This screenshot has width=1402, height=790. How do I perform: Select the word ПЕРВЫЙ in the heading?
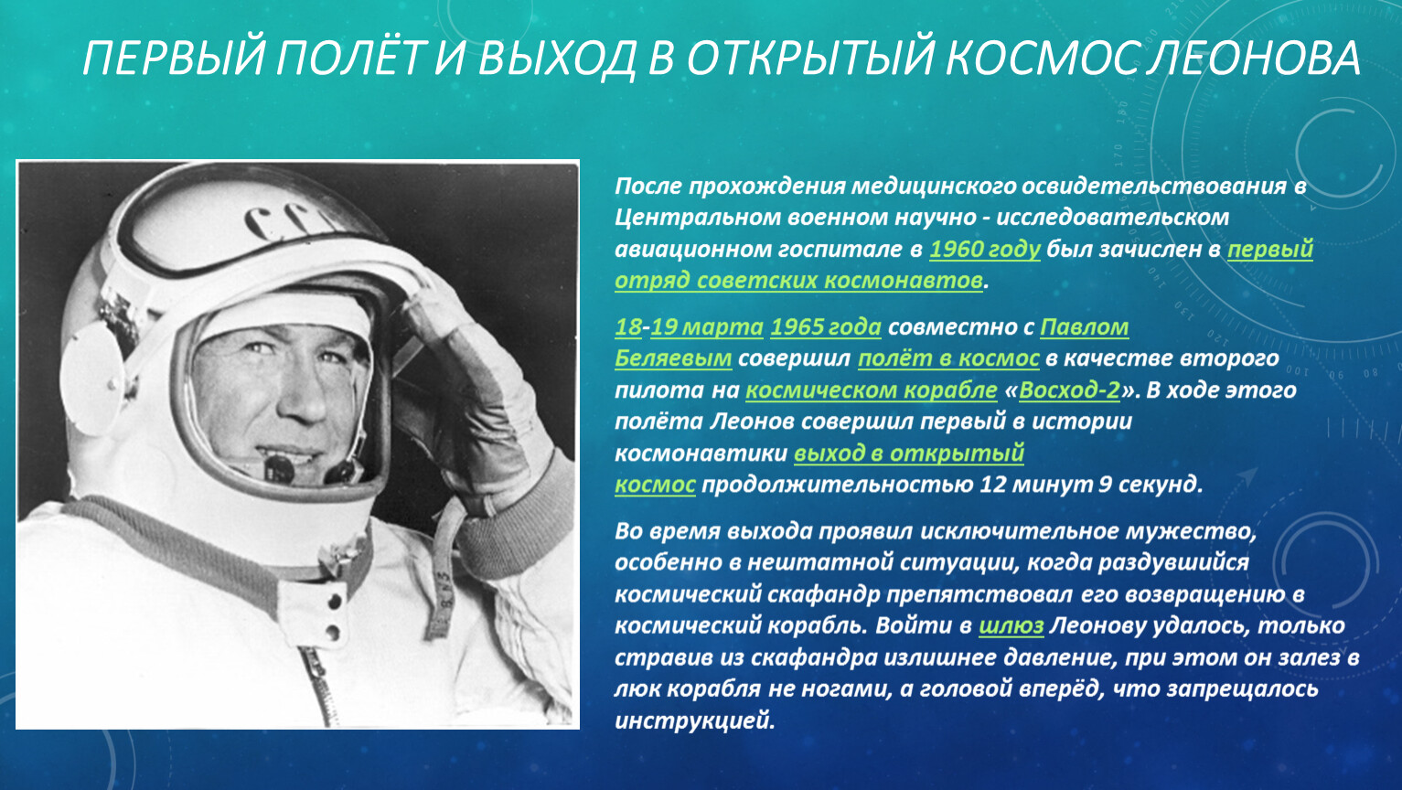(175, 58)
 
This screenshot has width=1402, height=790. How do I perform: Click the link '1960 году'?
(985, 249)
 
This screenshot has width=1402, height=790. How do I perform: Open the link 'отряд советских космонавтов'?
(798, 281)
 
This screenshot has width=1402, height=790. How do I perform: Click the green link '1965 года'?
(826, 326)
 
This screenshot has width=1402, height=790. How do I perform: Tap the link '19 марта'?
(707, 326)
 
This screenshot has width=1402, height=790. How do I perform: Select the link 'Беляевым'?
(673, 358)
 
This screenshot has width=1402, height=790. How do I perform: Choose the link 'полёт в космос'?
(948, 358)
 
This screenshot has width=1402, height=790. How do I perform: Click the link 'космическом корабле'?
(872, 390)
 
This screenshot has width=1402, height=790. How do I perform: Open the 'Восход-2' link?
(1069, 390)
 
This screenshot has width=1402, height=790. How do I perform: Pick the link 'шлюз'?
(1011, 626)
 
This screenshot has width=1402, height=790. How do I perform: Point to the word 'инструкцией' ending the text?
(694, 721)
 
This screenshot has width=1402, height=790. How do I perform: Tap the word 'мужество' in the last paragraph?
(1190, 531)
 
